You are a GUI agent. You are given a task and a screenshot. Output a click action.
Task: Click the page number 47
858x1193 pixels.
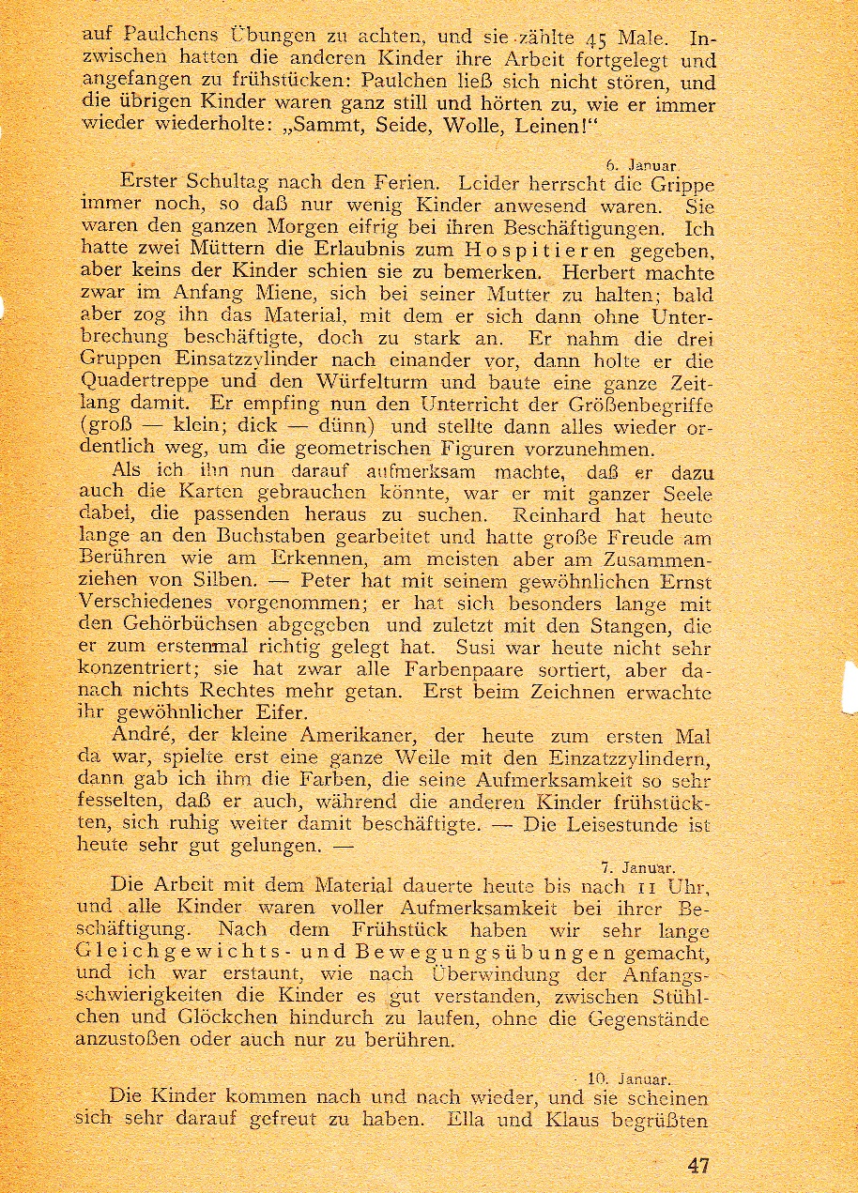[x=697, y=1166]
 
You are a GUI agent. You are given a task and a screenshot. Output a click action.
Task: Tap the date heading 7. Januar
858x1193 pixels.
[x=638, y=867]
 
